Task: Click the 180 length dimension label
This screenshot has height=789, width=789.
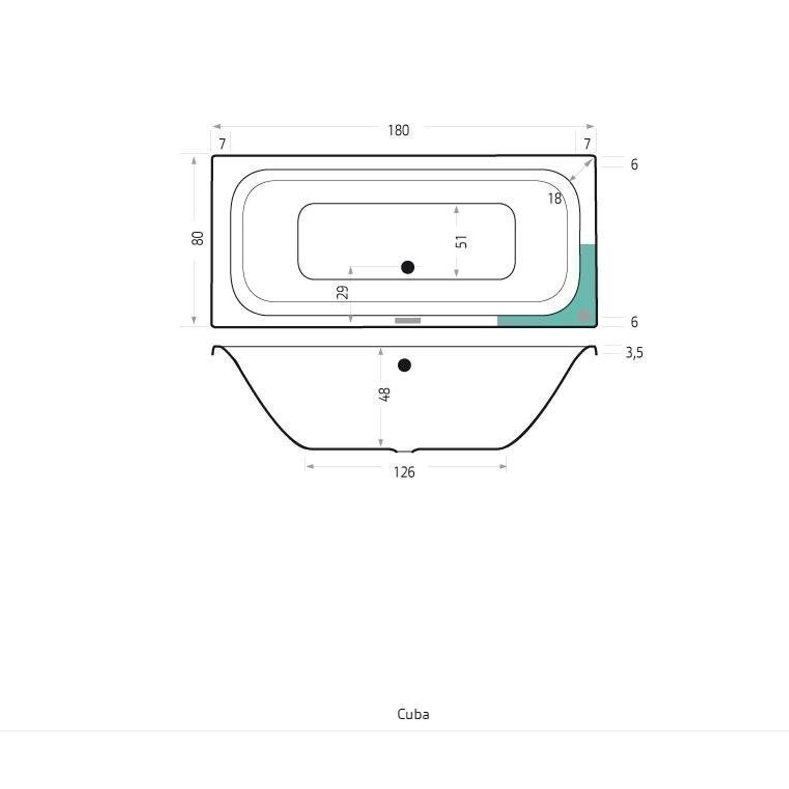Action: (398, 130)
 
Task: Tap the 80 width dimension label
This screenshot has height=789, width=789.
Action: (198, 238)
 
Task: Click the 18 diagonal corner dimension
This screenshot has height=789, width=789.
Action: (555, 198)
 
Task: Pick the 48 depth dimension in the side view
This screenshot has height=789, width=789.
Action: (385, 394)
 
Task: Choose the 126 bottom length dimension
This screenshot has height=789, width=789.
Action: (404, 473)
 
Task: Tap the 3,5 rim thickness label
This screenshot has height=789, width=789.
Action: (634, 352)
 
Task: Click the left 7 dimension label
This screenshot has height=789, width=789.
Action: (222, 144)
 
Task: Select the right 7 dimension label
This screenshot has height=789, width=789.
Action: (587, 144)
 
